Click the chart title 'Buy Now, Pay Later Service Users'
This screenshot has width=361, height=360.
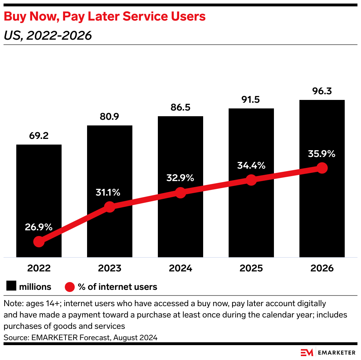pos(105,17)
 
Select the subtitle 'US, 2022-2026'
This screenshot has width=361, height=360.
pos(48,35)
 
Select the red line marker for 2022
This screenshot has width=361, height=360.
pos(39,242)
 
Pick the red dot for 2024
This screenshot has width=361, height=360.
pos(180,193)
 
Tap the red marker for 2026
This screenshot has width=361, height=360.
pos(322,168)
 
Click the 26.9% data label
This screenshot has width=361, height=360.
pos(39,227)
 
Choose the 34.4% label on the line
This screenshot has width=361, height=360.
pos(251,165)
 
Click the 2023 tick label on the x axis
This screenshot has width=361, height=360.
pos(110,268)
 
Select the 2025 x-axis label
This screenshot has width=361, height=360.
pos(251,268)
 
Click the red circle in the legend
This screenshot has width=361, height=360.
pos(70,286)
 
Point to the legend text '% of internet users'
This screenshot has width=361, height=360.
pos(118,286)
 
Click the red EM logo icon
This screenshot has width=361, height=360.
pos(306,352)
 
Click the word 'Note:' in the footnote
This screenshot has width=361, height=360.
pos(12,304)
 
